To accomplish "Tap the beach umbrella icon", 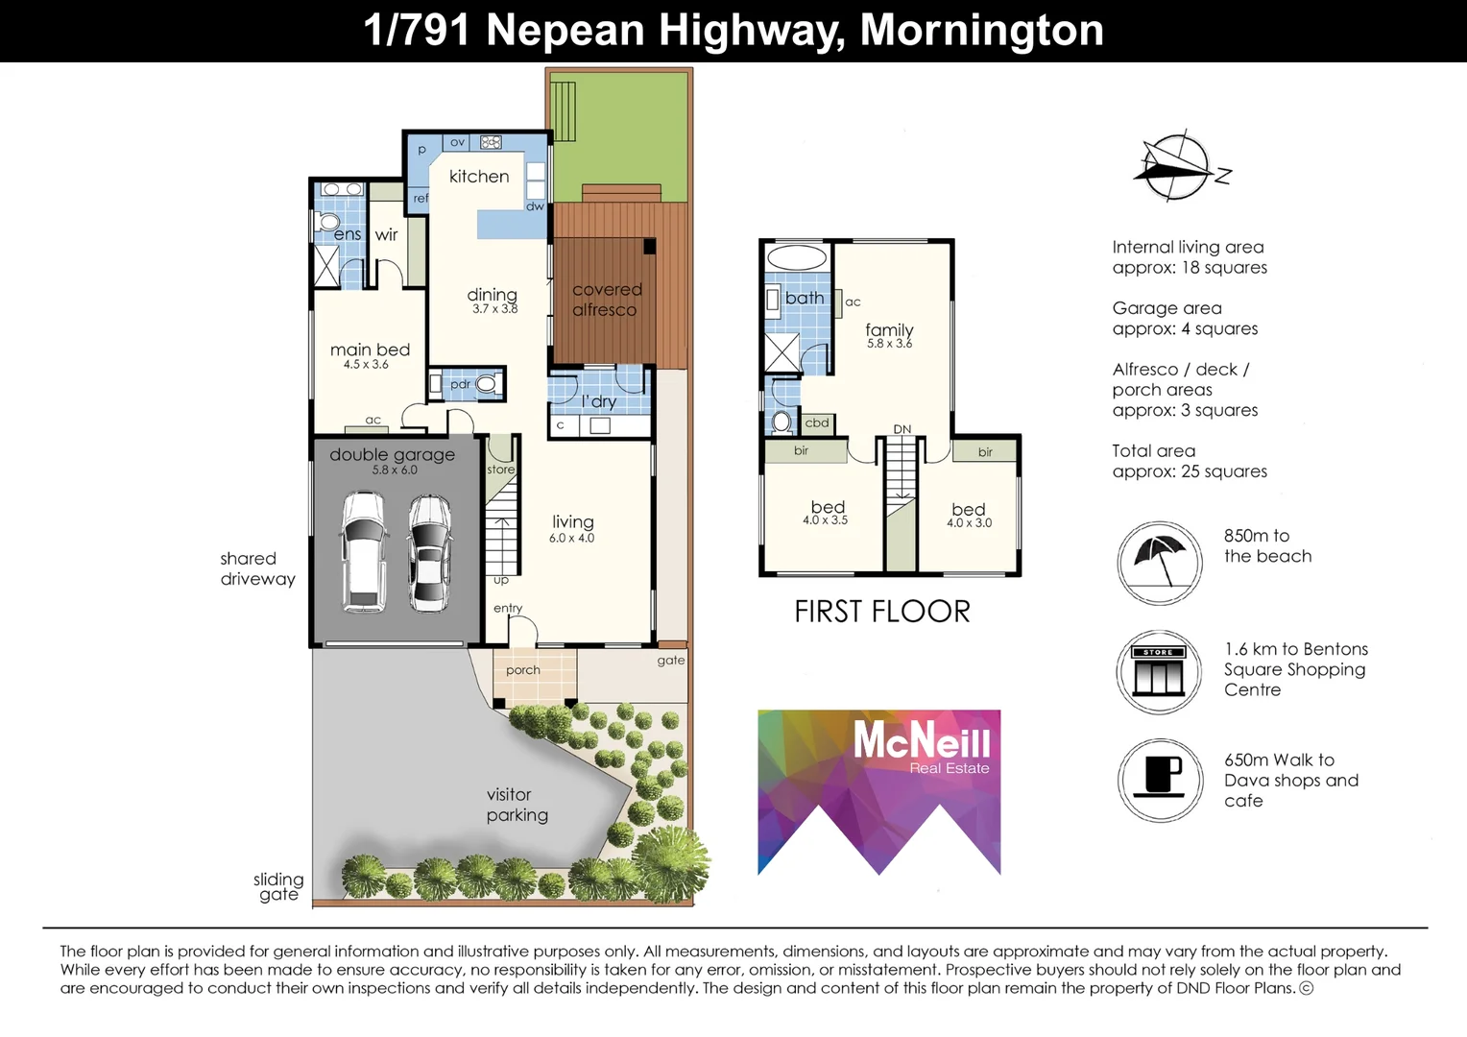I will pyautogui.click(x=1160, y=563).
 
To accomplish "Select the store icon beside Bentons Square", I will pyautogui.click(x=1160, y=672).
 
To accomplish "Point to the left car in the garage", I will pyautogui.click(x=363, y=552).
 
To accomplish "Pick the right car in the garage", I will pyautogui.click(x=429, y=552).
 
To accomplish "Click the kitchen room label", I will pyautogui.click(x=479, y=177).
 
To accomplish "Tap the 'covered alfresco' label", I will pyautogui.click(x=606, y=300).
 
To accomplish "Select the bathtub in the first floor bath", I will pyautogui.click(x=797, y=257).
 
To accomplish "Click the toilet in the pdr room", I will pyautogui.click(x=487, y=384).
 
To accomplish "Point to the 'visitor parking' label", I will pyautogui.click(x=517, y=805).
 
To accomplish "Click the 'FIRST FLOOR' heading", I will pyautogui.click(x=881, y=612).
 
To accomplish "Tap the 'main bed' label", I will pyautogui.click(x=370, y=350).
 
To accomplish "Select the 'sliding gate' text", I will pyautogui.click(x=278, y=886).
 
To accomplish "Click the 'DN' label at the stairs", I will pyautogui.click(x=902, y=429).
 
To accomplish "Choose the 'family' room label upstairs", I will pyautogui.click(x=889, y=329).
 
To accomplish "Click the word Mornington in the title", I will pyautogui.click(x=981, y=30).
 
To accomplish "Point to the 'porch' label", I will pyautogui.click(x=523, y=670).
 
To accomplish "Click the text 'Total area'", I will pyautogui.click(x=1153, y=451).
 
